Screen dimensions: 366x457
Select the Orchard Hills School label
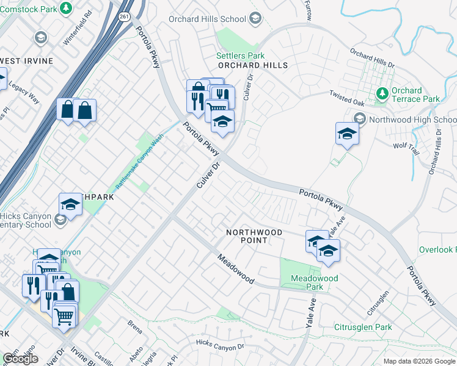[208, 19]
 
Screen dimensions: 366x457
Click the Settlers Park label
[239, 56]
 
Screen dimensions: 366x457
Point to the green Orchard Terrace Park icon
[382, 93]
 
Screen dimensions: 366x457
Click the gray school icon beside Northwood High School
[360, 119]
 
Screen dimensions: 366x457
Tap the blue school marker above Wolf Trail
[347, 134]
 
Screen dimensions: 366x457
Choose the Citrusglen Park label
[363, 328]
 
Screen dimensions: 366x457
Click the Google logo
[20, 359]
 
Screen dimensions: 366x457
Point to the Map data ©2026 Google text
[419, 361]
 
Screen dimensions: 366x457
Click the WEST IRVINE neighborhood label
[26, 61]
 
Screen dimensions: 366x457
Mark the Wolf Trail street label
[404, 146]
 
